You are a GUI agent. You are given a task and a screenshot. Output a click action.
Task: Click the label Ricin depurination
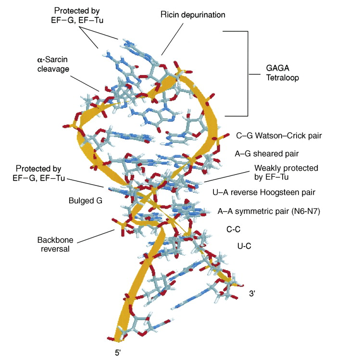(193, 15)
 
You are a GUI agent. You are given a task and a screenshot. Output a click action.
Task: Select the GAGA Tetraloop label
(283, 73)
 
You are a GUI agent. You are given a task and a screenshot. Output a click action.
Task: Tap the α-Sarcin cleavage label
(53, 64)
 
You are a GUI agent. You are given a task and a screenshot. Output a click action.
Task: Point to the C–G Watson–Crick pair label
(279, 136)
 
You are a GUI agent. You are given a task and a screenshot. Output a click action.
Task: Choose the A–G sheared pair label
(267, 154)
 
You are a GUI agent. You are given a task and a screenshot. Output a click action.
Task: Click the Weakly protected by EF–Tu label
(286, 173)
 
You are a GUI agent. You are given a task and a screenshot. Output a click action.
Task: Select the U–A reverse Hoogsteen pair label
(264, 192)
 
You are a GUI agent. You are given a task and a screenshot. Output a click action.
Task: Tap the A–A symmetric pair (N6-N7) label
(269, 211)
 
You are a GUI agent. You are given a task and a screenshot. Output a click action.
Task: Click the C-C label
(233, 229)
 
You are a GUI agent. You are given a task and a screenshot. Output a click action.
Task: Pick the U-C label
(244, 246)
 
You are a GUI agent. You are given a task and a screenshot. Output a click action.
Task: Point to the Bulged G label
(86, 200)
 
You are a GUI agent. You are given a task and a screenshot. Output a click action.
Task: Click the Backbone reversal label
(55, 244)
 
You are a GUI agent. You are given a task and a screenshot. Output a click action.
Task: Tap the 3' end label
(252, 293)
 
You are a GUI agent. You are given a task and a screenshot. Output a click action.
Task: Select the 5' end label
(118, 352)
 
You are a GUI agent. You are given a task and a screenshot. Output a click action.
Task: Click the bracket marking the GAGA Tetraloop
(248, 74)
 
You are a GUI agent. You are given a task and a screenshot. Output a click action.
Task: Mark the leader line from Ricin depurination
(172, 39)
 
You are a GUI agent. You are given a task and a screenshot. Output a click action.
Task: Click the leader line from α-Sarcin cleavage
(85, 84)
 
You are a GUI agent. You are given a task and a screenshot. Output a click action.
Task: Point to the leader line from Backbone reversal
(96, 236)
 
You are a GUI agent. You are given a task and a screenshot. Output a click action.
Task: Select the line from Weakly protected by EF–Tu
(226, 176)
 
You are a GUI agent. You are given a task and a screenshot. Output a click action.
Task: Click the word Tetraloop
(283, 77)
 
